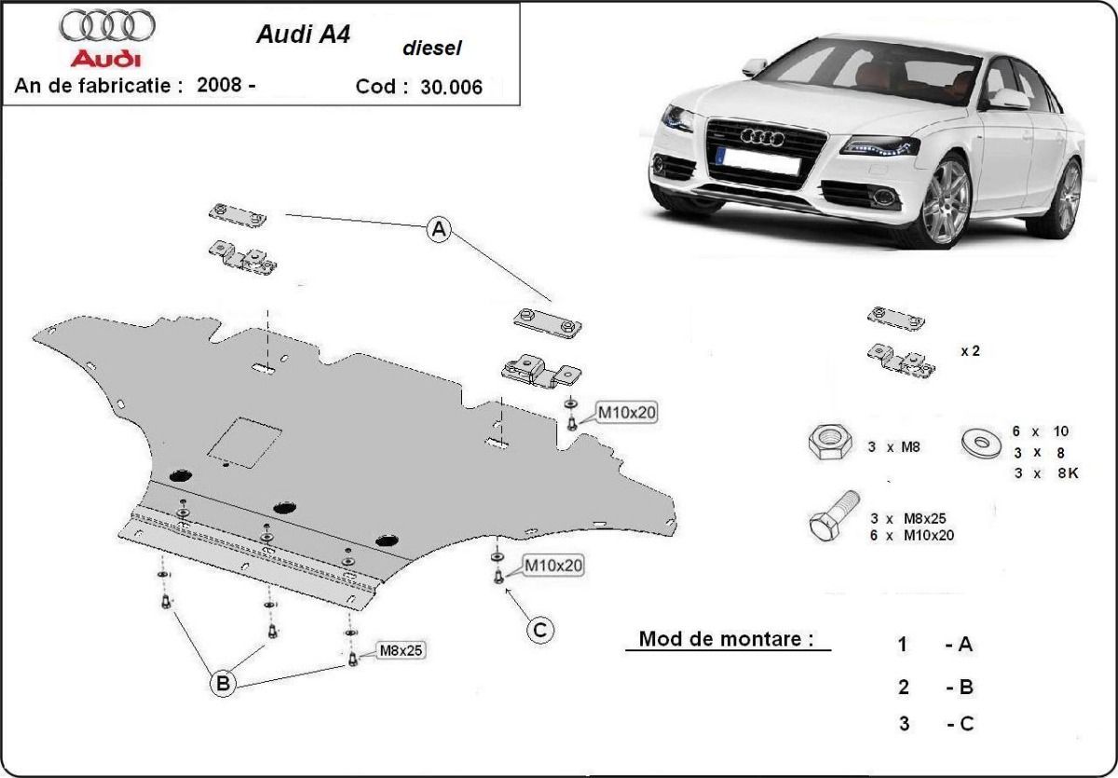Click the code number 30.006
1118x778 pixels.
pos(452,88)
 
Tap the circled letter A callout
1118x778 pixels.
pos(439,229)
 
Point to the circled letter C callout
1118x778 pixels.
pos(539,631)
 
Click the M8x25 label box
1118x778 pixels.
pos(400,650)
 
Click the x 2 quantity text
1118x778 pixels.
pos(970,351)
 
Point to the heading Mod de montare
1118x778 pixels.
pos(725,640)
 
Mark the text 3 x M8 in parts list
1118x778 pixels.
pos(893,447)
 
